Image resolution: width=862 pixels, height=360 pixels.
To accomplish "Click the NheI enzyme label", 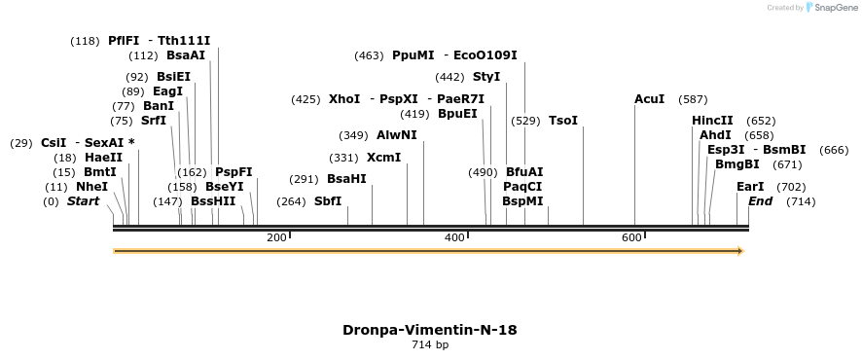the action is coord(91,187).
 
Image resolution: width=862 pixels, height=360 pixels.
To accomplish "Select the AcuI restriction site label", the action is coord(649,99).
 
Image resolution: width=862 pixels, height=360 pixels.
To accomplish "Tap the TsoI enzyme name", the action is coord(563,121).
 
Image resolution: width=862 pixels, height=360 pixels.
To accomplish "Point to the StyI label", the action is coord(486,77).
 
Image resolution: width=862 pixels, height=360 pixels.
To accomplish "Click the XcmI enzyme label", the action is coord(383,158).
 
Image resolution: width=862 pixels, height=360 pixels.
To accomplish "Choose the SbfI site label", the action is coord(328,201).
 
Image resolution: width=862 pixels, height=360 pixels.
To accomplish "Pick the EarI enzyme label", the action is coord(750,187).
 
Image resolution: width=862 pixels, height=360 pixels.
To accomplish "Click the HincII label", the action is coord(712,121).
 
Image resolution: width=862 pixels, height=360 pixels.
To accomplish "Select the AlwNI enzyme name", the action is coord(396,135).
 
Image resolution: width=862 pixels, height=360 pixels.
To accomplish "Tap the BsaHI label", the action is coord(346,179).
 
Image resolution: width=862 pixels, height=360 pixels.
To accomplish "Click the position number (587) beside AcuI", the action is coord(694,99).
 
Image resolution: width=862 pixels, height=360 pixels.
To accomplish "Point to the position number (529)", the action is coord(525,121).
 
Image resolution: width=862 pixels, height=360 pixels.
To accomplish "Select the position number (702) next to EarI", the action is coord(792,187).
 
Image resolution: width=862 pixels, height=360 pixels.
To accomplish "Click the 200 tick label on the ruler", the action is coord(276,237).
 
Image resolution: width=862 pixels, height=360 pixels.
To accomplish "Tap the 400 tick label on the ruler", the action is coord(454,237).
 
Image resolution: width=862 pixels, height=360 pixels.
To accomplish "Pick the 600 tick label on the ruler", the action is coord(631,237).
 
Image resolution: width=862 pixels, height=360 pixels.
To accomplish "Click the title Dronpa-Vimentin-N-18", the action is coord(429,330).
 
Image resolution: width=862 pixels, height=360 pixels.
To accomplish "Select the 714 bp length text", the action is coord(429,344).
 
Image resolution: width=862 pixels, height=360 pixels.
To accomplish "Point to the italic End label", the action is coord(760,201).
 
